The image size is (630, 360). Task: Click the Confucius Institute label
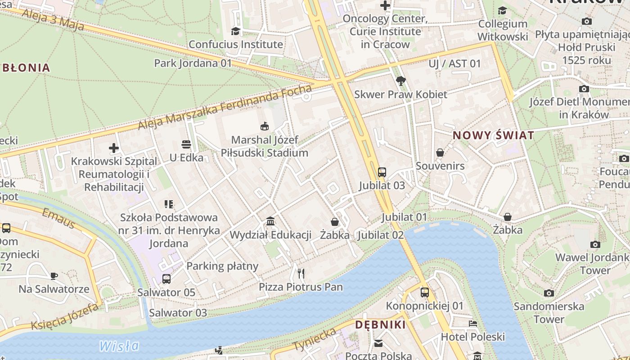coord(235,44)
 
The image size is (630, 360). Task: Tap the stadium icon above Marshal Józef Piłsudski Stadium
coord(265,126)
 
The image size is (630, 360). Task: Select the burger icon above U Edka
coord(186,144)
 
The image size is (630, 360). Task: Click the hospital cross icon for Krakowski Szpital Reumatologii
coord(114,148)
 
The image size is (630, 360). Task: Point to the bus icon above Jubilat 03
coord(382,172)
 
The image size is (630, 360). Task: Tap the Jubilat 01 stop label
coord(404,217)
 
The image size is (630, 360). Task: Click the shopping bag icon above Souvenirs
coord(440,153)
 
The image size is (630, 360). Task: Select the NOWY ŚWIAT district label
coord(493,135)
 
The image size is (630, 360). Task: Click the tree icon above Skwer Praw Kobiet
coord(400,81)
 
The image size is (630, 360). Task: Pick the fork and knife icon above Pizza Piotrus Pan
coord(301,273)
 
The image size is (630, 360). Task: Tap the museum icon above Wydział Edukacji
coord(270,221)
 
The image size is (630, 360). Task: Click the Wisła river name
coord(119,346)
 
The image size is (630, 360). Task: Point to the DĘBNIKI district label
coord(380,324)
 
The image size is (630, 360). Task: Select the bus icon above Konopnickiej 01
coord(424,292)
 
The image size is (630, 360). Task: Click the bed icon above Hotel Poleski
coord(472,323)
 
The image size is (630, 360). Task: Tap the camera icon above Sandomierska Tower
coord(549,293)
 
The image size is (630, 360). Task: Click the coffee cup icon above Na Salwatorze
coord(54,275)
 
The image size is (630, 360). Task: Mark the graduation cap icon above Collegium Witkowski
coord(502,10)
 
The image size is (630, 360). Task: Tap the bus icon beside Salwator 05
coord(166,279)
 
